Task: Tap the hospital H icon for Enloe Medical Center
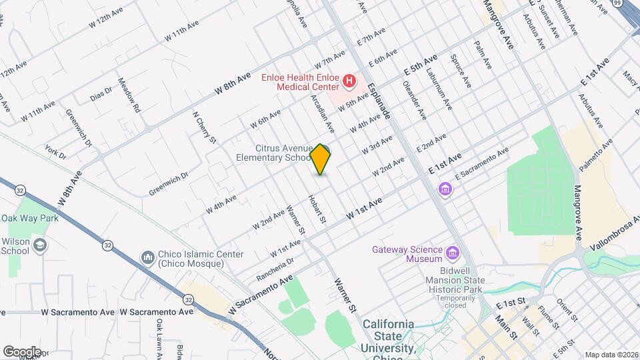click(x=349, y=82)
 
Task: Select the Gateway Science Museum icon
click(x=453, y=253)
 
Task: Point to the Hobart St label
click(x=316, y=209)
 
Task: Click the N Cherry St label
click(x=204, y=127)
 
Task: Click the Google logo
click(x=22, y=351)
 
